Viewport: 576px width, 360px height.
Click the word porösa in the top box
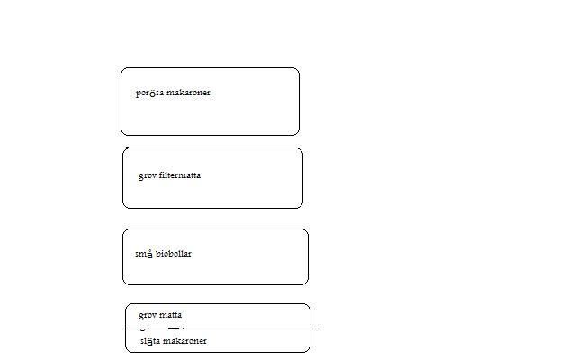(x=150, y=94)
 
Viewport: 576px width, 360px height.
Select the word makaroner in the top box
(x=188, y=93)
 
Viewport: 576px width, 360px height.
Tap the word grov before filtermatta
(x=148, y=176)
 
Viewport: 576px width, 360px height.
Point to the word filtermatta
(x=180, y=175)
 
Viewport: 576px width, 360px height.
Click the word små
(x=144, y=254)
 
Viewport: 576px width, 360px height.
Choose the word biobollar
(x=174, y=254)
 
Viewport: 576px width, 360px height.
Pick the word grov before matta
(x=148, y=316)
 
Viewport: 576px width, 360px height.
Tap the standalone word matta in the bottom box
(x=171, y=316)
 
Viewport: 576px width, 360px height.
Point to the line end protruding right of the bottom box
(x=319, y=328)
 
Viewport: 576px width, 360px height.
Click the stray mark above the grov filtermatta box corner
(x=127, y=147)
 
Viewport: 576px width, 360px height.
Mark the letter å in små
(x=149, y=254)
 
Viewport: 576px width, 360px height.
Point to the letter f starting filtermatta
(x=161, y=175)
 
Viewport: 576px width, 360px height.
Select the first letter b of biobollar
(x=158, y=254)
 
